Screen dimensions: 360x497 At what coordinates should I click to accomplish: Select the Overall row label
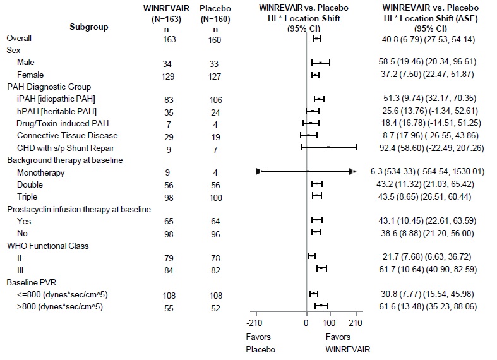[19, 39]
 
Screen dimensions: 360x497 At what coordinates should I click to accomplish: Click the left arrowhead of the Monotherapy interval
[259, 171]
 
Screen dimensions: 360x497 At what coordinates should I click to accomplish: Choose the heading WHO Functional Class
[47, 245]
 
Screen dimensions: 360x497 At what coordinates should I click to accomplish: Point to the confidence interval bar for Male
[321, 63]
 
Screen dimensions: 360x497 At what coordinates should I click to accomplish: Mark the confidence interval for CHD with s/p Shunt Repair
[328, 147]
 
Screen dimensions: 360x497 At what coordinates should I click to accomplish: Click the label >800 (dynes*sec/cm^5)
[60, 307]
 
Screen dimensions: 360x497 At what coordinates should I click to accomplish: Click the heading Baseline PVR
[32, 282]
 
